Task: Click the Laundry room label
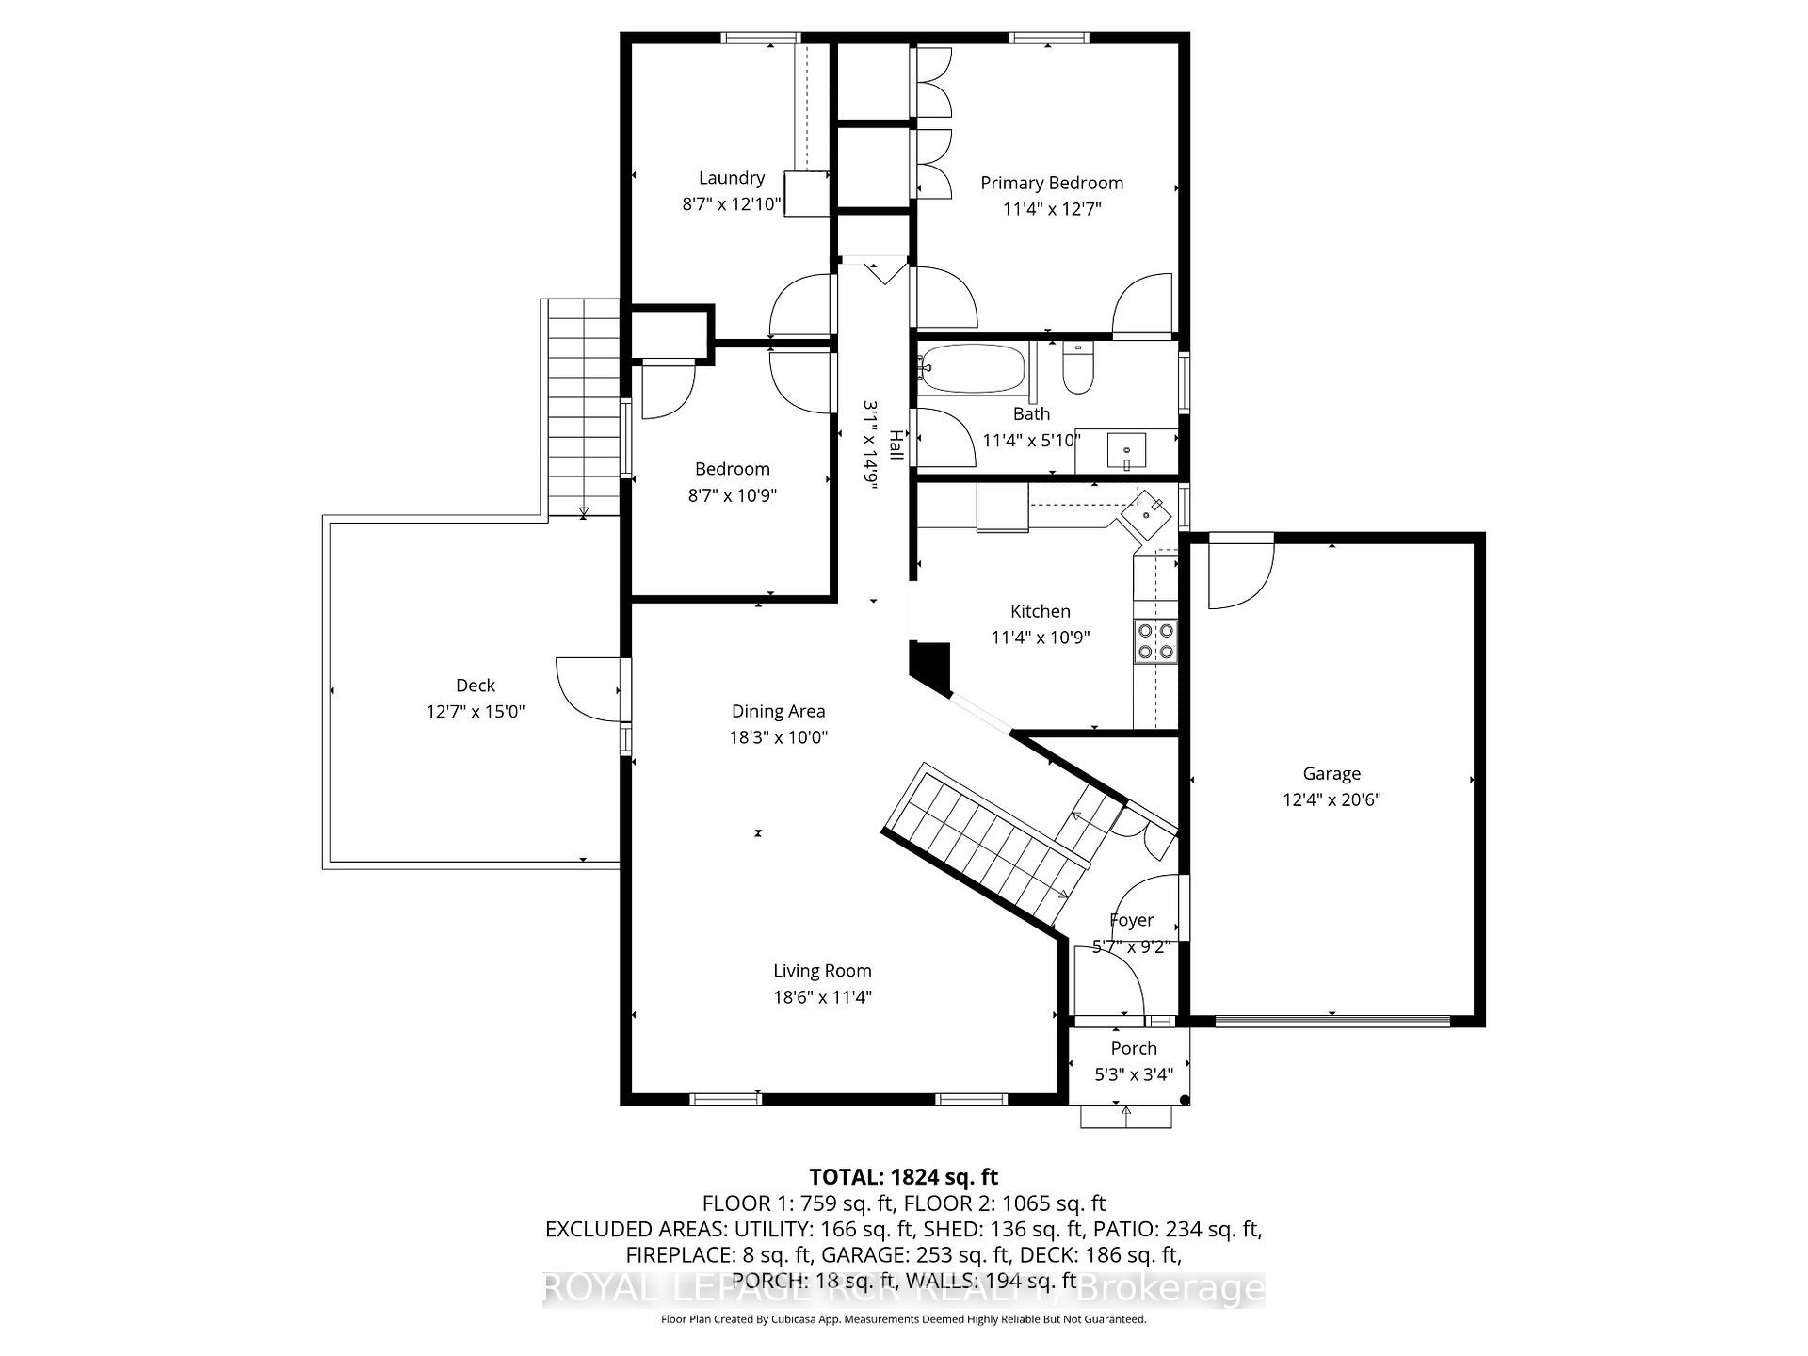coord(731,178)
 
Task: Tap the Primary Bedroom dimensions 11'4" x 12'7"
coord(1051,209)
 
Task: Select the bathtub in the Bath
coord(972,368)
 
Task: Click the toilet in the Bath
coord(1077,370)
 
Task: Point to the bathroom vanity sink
coord(1126,451)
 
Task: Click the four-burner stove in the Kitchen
coord(1155,640)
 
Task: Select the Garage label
coord(1331,774)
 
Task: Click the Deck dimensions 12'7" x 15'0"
coord(475,712)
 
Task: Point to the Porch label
coord(1133,1049)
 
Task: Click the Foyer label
coord(1131,921)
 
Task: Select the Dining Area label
coord(778,712)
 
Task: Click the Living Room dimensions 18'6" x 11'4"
coord(822,997)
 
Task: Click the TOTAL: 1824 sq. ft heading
coord(903,1177)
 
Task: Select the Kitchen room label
coord(1040,611)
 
